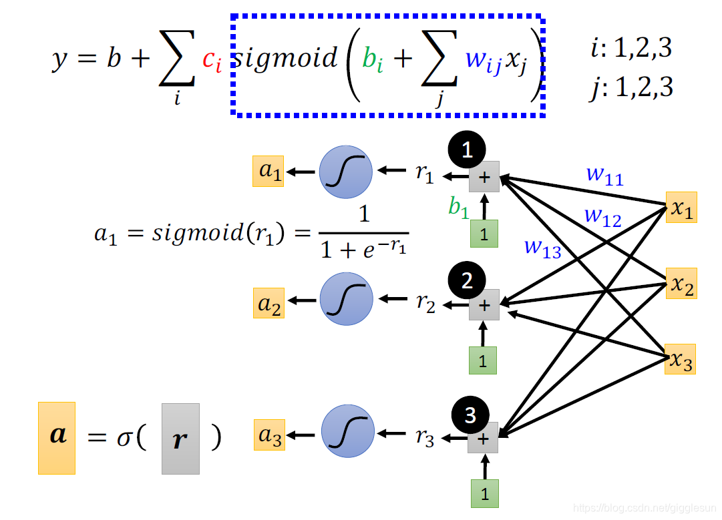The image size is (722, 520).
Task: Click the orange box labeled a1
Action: (x=268, y=171)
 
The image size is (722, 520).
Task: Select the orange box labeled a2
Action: (x=268, y=303)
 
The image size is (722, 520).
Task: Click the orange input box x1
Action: (x=681, y=208)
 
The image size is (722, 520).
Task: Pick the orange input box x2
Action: (x=681, y=284)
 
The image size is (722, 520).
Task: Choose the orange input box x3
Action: (x=681, y=359)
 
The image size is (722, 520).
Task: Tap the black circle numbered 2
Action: (x=468, y=280)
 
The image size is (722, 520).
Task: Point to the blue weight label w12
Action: (x=602, y=217)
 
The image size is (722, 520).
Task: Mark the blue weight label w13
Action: (x=542, y=248)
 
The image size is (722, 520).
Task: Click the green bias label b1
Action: (x=459, y=208)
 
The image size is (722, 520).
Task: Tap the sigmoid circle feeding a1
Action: (x=346, y=172)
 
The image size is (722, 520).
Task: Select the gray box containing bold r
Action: (x=180, y=439)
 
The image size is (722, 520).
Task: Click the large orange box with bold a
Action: (x=57, y=438)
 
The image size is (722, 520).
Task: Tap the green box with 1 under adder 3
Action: (x=484, y=494)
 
